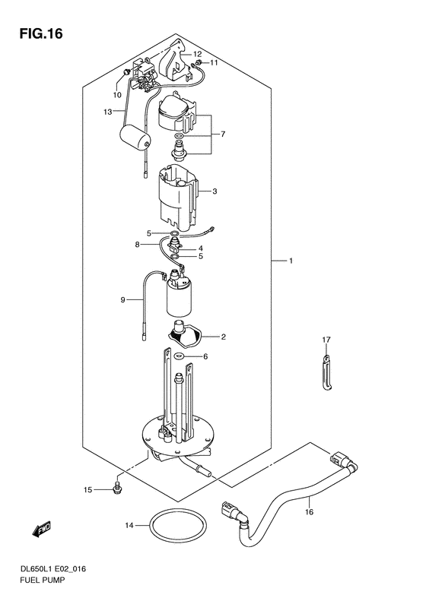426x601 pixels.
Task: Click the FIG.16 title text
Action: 35,33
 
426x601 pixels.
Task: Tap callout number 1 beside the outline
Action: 291,261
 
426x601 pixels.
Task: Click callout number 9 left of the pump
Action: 122,300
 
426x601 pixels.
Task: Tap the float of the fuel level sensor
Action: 135,141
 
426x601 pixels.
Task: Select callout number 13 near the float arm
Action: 108,112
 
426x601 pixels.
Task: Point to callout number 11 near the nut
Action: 214,62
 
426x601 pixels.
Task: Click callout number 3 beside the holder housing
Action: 215,191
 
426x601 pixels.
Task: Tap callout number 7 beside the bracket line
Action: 223,134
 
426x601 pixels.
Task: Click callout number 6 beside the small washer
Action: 205,356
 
